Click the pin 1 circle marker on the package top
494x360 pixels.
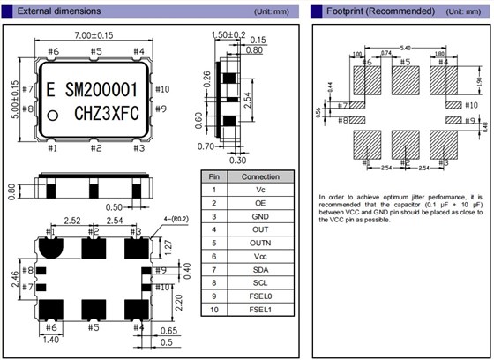pos(53,116)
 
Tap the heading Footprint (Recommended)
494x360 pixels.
pos(369,11)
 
